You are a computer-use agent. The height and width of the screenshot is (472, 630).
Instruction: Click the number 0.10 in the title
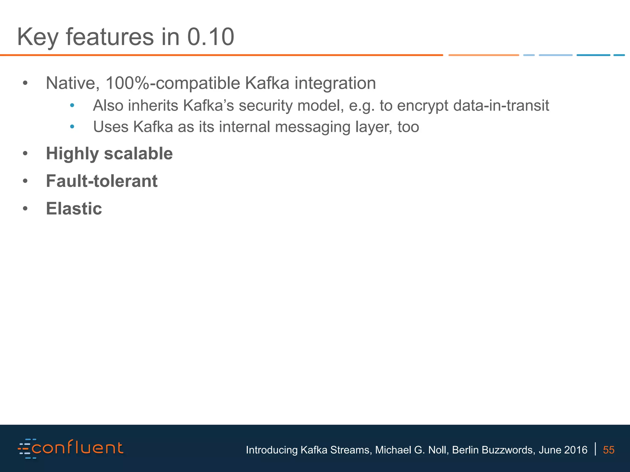[x=211, y=37]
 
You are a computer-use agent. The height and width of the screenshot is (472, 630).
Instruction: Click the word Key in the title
[x=38, y=37]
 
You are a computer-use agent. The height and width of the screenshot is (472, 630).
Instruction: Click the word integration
[x=335, y=84]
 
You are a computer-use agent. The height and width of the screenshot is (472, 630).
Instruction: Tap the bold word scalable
[x=138, y=153]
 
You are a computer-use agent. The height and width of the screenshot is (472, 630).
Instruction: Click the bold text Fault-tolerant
[x=102, y=181]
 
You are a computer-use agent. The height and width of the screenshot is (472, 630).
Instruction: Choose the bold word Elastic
[x=74, y=208]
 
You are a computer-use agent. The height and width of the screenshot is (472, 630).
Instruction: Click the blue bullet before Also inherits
[x=72, y=106]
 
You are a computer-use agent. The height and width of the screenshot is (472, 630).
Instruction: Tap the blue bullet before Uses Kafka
[x=72, y=127]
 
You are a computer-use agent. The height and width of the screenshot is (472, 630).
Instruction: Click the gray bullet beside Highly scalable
[x=25, y=153]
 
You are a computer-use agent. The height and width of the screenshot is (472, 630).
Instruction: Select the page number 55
[x=608, y=450]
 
